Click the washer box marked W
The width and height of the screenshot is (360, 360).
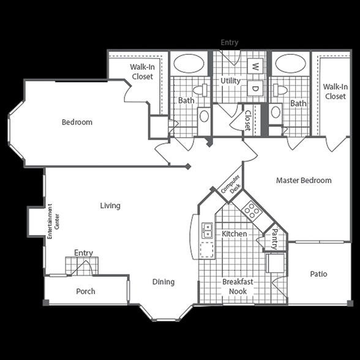point(255,66)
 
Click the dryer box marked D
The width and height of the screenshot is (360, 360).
point(255,88)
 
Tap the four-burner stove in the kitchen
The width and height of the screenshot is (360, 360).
point(252,210)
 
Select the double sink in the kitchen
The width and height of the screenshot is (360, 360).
point(207,230)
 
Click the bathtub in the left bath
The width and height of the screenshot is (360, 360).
point(189,64)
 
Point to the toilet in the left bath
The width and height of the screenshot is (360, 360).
point(200,90)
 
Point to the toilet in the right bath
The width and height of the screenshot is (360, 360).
point(280,90)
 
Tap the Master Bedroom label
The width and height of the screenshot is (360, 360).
point(304,181)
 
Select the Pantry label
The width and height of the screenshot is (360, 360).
point(274,239)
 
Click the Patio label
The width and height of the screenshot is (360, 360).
point(318,274)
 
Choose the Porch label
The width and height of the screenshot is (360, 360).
point(86,291)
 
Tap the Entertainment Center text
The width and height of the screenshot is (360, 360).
point(53,222)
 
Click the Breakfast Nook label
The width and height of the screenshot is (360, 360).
point(238,287)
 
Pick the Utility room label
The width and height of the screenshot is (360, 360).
point(230,81)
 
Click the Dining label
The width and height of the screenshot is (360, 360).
point(163,282)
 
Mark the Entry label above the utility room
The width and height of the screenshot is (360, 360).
point(230,42)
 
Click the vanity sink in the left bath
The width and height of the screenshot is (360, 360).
point(204,116)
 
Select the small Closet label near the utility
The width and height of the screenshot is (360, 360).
point(248,121)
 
